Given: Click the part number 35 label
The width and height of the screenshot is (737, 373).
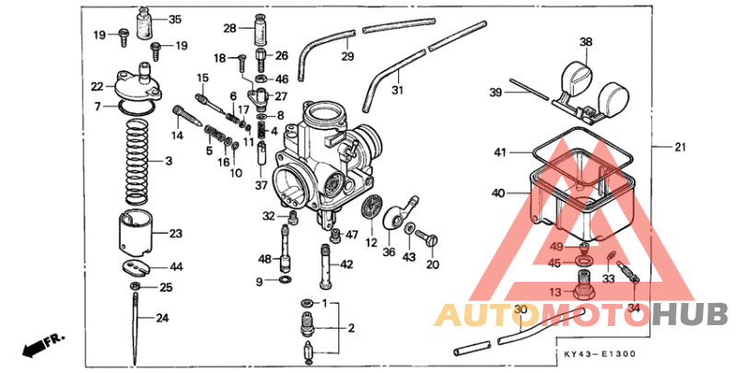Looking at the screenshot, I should pyautogui.click(x=174, y=19).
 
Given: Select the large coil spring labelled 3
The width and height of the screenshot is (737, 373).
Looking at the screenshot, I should pyautogui.click(x=136, y=159).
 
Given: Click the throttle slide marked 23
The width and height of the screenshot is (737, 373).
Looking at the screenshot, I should pyautogui.click(x=136, y=234).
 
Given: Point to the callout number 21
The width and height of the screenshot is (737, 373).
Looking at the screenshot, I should pyautogui.click(x=681, y=147).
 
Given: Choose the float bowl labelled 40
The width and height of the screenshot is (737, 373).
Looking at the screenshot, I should pyautogui.click(x=571, y=198).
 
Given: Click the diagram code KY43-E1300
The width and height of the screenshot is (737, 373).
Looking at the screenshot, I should pyautogui.click(x=600, y=354).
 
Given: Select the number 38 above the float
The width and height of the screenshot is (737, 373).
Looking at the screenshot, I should pyautogui.click(x=585, y=42).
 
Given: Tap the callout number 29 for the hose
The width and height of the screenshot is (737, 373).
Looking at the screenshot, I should pyautogui.click(x=347, y=57).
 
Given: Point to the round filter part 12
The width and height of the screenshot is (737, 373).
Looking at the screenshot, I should pyautogui.click(x=371, y=209).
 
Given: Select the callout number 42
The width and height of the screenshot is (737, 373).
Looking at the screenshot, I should pyautogui.click(x=346, y=264).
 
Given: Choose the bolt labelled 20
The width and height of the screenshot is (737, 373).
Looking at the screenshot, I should pyautogui.click(x=432, y=241).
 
